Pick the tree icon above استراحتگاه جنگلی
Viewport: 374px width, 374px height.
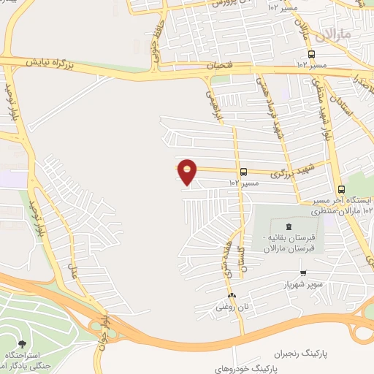coord(20,343)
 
